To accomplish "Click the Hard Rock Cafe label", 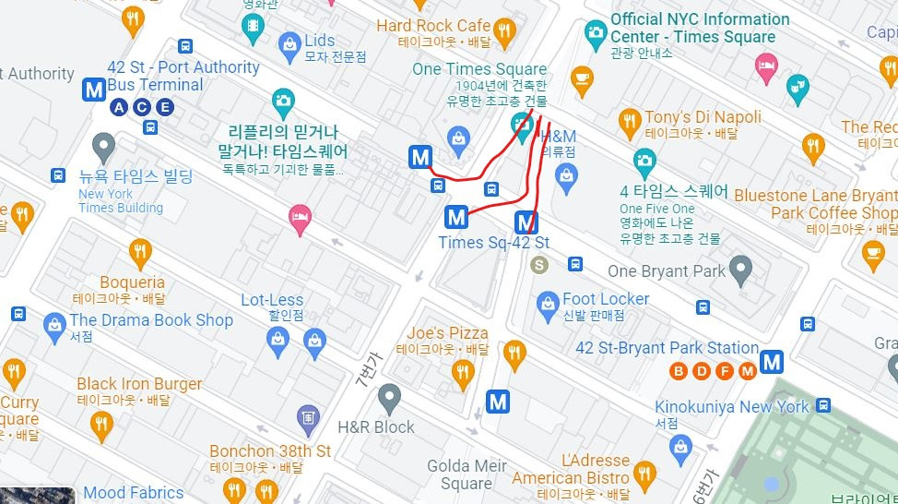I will [x=432, y=25].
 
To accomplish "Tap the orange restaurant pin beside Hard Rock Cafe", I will [x=503, y=33].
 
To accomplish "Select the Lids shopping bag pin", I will [x=290, y=42].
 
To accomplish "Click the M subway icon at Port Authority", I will [x=93, y=89].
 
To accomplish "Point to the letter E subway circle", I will [x=165, y=108].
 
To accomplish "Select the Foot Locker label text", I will [x=606, y=299].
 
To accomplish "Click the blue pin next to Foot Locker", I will [x=549, y=302].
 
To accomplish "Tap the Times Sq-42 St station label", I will [x=493, y=243].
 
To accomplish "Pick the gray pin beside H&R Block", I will [x=389, y=398].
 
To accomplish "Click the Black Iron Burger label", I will [x=139, y=384].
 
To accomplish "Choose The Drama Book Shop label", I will [x=151, y=320].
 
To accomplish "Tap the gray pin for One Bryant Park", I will [x=739, y=270].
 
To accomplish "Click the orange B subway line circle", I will [x=679, y=371].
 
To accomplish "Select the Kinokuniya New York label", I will [x=732, y=406].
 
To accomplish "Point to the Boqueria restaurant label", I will [x=132, y=282].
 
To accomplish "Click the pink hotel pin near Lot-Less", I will [x=300, y=219].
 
